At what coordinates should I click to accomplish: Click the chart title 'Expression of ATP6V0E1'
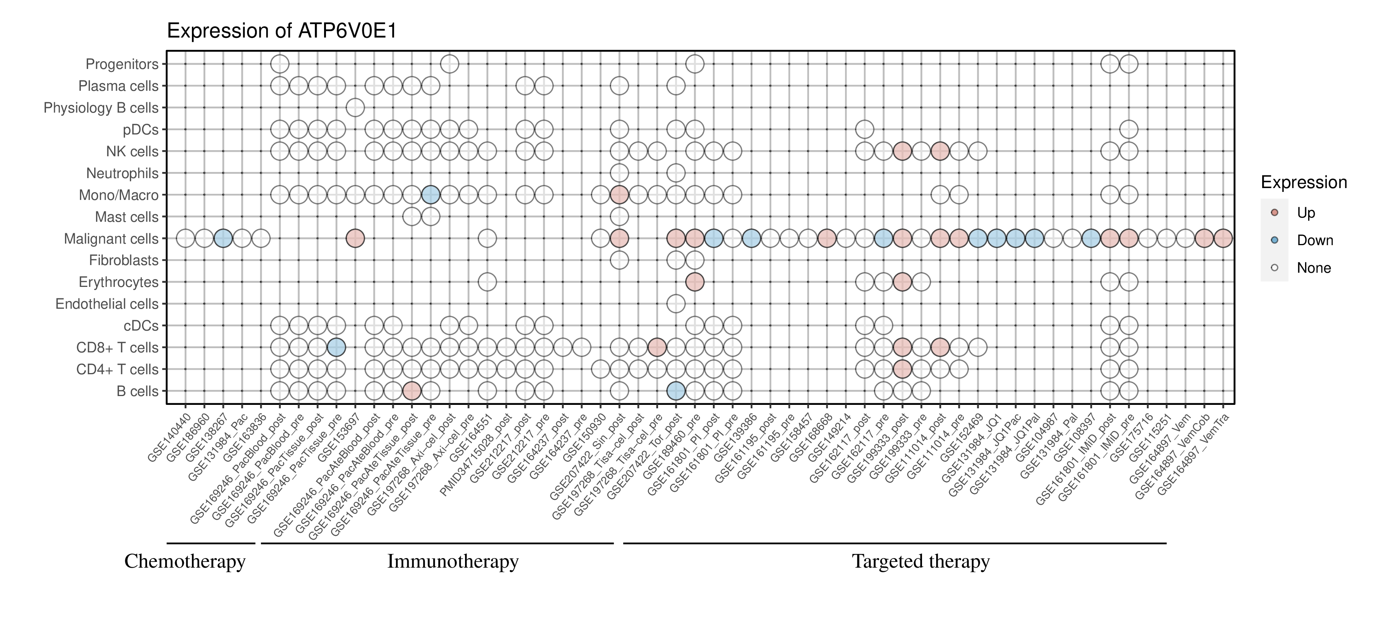282,31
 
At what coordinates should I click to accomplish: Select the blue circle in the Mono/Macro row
431,195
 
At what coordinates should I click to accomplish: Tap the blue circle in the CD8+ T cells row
336,347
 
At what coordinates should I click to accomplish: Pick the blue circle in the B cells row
676,391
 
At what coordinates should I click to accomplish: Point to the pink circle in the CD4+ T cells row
902,369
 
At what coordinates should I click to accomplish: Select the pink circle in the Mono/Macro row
619,195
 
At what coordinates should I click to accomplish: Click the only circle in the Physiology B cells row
355,108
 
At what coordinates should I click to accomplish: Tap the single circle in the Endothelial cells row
676,304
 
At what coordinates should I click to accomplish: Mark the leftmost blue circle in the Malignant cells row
223,238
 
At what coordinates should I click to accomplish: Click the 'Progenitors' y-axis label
122,64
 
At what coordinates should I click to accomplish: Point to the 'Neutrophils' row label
122,174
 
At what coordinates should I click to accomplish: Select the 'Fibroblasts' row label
124,260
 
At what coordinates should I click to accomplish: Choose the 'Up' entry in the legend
1306,213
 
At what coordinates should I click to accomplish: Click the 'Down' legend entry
1314,240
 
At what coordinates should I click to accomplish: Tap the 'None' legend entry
1313,268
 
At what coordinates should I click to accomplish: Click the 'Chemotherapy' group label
185,562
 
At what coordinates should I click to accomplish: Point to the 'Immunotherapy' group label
452,562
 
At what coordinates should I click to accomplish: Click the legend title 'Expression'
1304,182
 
